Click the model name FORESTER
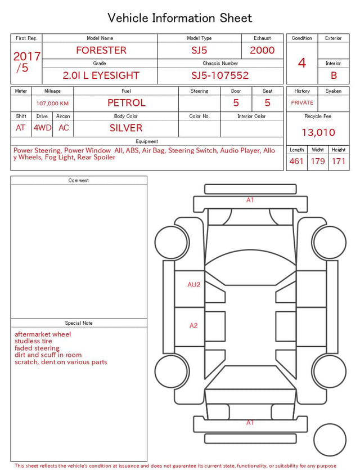[x=101, y=50]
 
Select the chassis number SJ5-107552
[x=220, y=75]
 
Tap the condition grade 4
[x=302, y=63]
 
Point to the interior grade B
[x=334, y=75]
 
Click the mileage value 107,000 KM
[x=52, y=104]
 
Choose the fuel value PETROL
[x=127, y=103]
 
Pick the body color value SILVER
[x=126, y=128]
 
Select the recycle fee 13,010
[x=318, y=132]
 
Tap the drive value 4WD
[x=42, y=128]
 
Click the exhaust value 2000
[x=262, y=50]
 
